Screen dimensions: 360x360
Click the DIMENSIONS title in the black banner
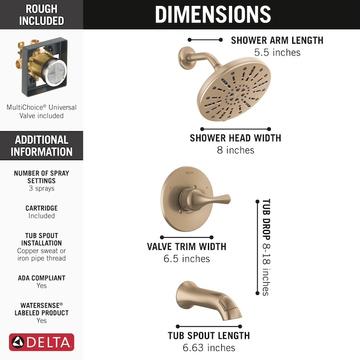point(213,14)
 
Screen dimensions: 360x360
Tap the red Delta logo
point(42,342)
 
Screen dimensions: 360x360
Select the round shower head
point(234,89)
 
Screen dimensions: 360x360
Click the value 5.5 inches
point(277,52)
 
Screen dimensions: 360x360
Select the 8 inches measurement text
point(236,150)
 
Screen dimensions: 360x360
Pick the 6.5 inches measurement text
point(187,259)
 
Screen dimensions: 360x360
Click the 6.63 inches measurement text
point(209,348)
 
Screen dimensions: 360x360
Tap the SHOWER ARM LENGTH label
point(277,41)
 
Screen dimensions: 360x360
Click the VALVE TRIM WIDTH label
point(187,246)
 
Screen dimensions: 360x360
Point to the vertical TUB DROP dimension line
point(258,247)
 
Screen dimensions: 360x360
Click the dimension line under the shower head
point(236,129)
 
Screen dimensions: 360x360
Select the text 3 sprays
point(42,188)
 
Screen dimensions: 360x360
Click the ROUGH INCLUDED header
point(42,15)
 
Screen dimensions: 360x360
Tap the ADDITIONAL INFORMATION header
point(42,146)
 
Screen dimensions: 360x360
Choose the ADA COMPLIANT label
point(42,278)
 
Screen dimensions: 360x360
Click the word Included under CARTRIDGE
point(42,216)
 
